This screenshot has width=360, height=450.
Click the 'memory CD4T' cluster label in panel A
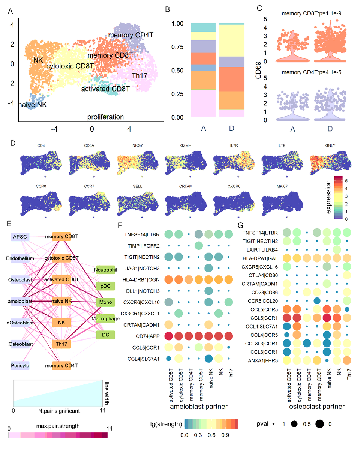pyautogui.click(x=131, y=35)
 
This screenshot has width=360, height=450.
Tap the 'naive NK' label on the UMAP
pyautogui.click(x=33, y=105)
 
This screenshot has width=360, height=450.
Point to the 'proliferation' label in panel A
pyautogui.click(x=105, y=117)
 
